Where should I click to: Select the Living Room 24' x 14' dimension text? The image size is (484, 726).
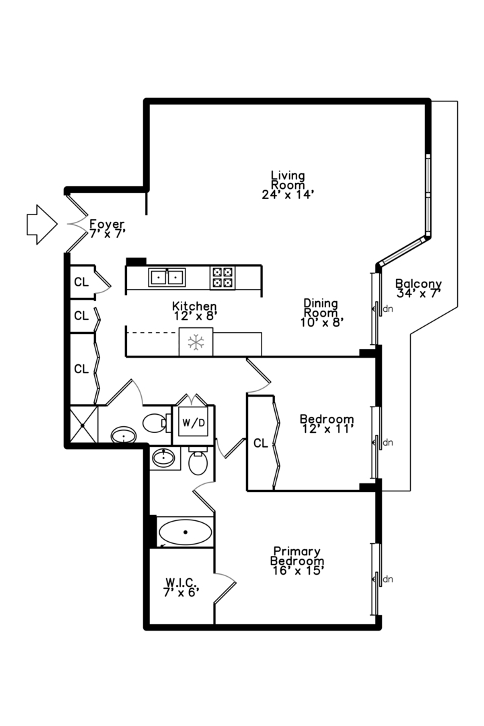(288, 194)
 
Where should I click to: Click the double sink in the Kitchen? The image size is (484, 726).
(167, 276)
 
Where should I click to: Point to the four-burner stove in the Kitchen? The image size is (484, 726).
(223, 277)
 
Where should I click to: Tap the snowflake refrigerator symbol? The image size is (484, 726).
(196, 342)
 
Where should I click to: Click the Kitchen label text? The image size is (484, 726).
(194, 307)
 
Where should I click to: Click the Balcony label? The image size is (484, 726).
(418, 283)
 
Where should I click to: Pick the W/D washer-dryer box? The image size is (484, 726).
(193, 424)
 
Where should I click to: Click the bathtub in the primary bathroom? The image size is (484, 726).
(186, 533)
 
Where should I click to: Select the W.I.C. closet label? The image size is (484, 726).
(181, 582)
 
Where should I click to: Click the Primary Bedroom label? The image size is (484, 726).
(296, 556)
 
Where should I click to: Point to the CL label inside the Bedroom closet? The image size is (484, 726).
(260, 444)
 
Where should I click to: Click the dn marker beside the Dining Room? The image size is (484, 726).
(387, 309)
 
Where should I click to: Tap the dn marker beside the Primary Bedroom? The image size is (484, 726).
(387, 579)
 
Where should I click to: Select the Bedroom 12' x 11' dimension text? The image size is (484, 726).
(327, 428)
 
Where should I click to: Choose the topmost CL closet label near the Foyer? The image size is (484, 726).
(81, 282)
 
